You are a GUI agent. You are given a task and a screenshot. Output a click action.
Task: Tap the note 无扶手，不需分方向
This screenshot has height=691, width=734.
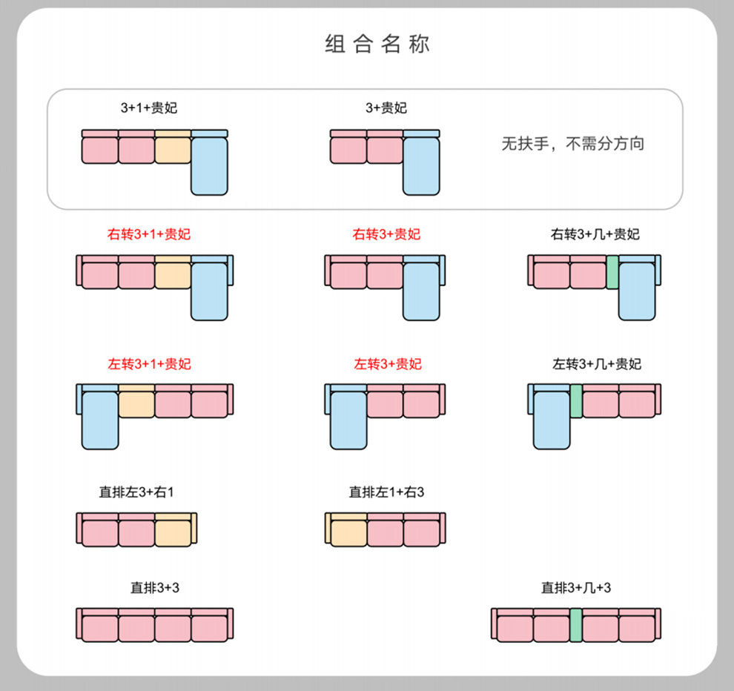point(573,144)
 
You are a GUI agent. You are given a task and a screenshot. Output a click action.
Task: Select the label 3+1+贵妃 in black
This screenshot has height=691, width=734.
point(149,108)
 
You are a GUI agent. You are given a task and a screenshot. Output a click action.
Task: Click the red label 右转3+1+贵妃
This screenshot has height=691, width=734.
point(149,235)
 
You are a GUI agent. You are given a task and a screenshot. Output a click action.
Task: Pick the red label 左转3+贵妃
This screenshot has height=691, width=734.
point(386,364)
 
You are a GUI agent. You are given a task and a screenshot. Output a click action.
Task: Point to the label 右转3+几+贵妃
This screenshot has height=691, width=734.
point(595,235)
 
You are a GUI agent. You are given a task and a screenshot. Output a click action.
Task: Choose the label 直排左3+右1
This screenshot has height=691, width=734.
point(136,492)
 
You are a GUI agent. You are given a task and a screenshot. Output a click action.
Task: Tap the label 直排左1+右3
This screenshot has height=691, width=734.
point(386,492)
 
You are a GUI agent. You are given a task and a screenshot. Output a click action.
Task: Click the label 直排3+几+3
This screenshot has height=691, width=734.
point(576,589)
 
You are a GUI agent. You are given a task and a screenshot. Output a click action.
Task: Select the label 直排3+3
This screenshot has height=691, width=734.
point(155,589)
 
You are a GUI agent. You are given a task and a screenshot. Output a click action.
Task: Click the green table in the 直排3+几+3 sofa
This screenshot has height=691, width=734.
point(576,624)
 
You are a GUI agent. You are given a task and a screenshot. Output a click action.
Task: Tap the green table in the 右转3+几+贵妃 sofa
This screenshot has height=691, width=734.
point(612,272)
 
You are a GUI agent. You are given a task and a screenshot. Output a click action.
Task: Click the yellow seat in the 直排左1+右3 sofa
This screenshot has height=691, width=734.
point(348,532)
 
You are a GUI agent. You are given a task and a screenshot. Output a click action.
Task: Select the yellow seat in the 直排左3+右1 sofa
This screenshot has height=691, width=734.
point(173,532)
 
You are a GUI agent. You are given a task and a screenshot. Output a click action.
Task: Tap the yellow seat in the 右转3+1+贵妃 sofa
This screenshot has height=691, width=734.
point(173,274)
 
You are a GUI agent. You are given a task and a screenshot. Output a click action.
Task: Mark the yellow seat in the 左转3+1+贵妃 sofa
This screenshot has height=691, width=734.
point(136,403)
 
